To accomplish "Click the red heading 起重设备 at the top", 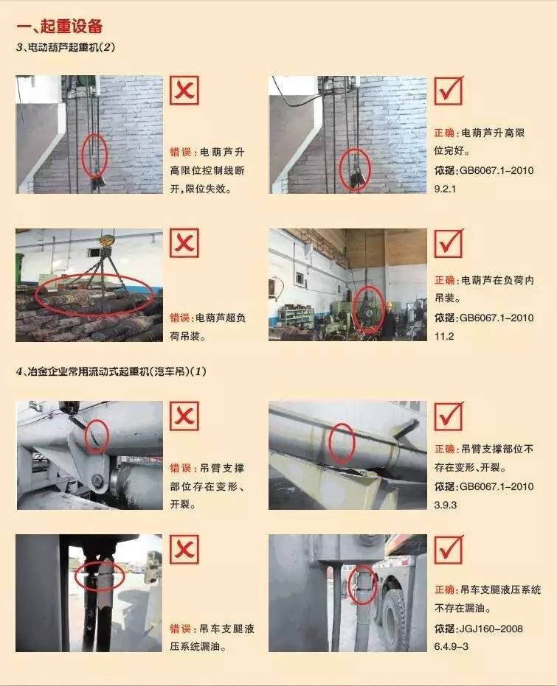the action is tap(72, 27).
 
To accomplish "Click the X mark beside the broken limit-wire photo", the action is tap(184, 91).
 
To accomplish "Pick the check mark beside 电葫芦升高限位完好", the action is tap(449, 91).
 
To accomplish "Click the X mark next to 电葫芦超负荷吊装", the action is tap(184, 243).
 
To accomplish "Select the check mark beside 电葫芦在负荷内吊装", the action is tap(449, 243).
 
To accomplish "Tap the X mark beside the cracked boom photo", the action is tap(184, 416).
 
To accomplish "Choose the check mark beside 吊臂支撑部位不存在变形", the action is tap(449, 416).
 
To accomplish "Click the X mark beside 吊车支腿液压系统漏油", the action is tap(184, 549).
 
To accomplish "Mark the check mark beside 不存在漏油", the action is tap(449, 549).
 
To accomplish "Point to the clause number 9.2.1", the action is tap(446, 189).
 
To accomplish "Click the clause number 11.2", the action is tap(444, 337).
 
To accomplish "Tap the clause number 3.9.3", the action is tap(446, 505).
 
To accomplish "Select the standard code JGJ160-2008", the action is tap(491, 629).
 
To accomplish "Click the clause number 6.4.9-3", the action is tap(451, 646).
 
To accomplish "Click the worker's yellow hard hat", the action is tap(388, 304).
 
